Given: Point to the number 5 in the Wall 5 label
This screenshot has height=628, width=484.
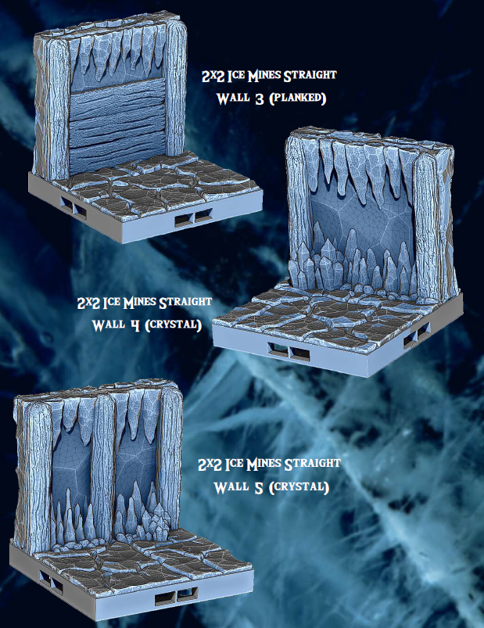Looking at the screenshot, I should click(x=256, y=487).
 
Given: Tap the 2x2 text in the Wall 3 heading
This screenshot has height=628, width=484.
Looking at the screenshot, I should click(x=211, y=76).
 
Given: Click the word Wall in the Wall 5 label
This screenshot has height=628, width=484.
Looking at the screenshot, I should click(x=230, y=487).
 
